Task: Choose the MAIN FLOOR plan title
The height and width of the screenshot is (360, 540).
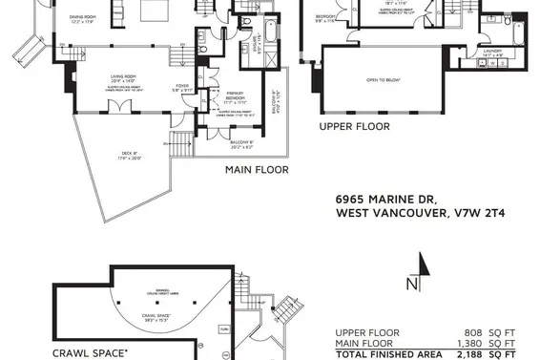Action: [x=257, y=170]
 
